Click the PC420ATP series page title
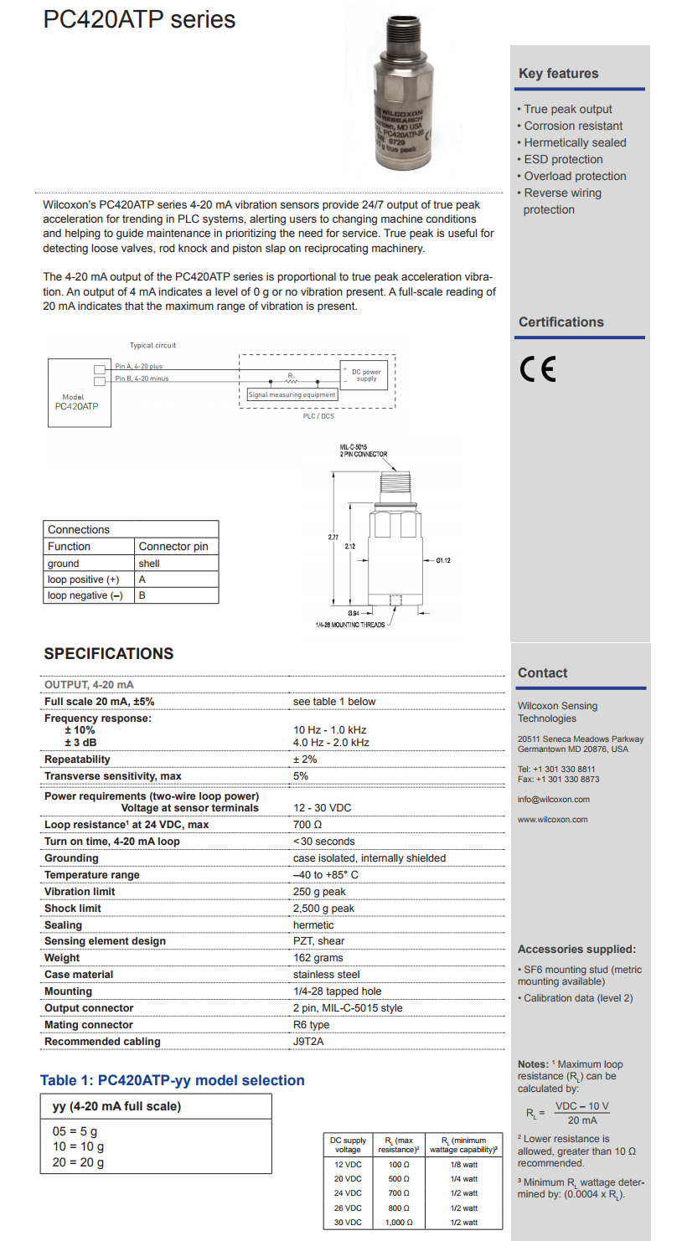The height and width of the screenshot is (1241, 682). point(139,19)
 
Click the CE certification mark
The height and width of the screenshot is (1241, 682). point(537,369)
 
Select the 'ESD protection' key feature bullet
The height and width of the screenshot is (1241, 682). point(563,159)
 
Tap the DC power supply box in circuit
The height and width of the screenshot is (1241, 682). point(366,375)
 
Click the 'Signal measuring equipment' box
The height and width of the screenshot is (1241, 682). point(292,394)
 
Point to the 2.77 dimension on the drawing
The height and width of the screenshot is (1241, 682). point(333,536)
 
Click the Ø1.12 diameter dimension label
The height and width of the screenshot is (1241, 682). point(442,560)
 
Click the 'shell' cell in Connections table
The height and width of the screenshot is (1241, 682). point(149,564)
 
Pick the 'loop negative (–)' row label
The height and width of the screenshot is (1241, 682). point(85,595)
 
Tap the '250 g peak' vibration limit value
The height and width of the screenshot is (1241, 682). point(319,892)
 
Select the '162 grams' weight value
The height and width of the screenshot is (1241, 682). point(318,958)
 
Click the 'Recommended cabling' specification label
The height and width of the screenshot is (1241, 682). point(102,1042)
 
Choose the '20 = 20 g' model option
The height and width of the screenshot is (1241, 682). point(79,1162)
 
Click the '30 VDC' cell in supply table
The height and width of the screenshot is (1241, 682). point(348,1223)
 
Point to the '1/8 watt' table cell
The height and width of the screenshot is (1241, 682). point(463,1165)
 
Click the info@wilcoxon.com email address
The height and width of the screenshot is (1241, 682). point(554,800)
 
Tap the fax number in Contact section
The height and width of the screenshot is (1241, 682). point(558,780)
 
